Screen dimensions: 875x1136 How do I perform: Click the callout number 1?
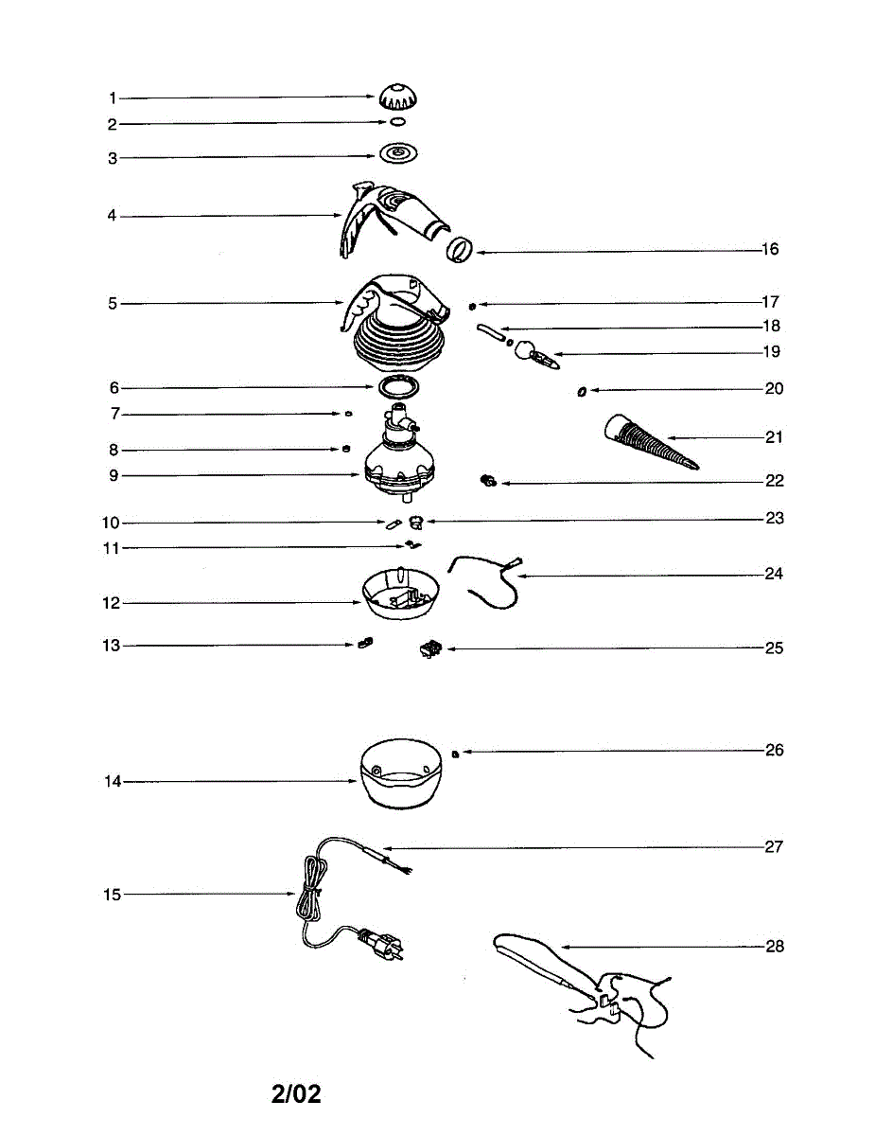[112, 98]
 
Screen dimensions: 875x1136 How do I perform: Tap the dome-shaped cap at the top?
[397, 97]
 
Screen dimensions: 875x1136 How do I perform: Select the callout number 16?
[770, 250]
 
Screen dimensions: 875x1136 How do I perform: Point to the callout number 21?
[775, 438]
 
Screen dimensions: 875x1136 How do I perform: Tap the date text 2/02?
[296, 1094]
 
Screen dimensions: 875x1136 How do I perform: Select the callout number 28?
[775, 946]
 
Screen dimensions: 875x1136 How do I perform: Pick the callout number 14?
[113, 782]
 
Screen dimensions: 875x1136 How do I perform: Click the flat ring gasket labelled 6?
[399, 387]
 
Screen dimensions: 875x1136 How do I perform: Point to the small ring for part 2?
[398, 123]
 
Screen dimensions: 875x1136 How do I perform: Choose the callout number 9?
[113, 475]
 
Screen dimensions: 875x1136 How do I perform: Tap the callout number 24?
[775, 574]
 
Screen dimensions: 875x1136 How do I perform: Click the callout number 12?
[113, 603]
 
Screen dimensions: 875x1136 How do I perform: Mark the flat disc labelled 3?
[398, 154]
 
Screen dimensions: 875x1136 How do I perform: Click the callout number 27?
[775, 846]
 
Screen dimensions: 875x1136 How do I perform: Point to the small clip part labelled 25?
[430, 648]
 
